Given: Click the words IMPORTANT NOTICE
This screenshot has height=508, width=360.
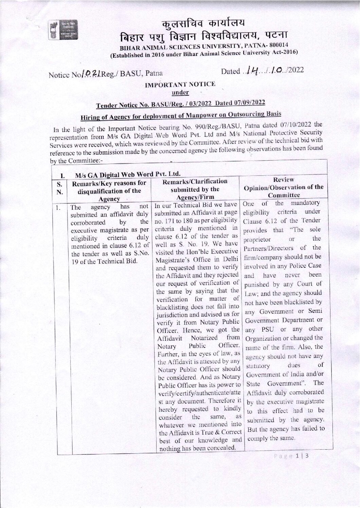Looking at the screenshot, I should [x=180, y=84].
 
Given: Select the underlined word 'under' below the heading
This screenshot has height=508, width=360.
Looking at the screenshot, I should [x=180, y=92].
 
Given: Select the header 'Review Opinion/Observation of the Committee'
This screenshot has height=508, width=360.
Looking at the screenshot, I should [x=284, y=187].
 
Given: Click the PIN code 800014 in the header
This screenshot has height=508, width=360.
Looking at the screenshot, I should [x=279, y=45].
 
